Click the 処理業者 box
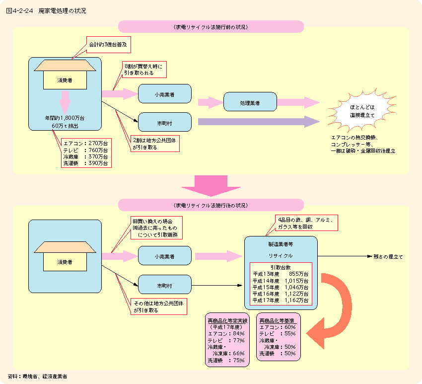[x=250, y=102]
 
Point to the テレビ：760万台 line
[x=85, y=150]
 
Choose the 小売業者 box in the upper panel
[x=164, y=93]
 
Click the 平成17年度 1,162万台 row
[x=281, y=300]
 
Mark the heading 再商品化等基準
[x=277, y=320]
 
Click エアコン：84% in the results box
[x=226, y=334]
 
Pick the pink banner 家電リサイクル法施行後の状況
[x=211, y=205]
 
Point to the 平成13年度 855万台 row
[x=281, y=274]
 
